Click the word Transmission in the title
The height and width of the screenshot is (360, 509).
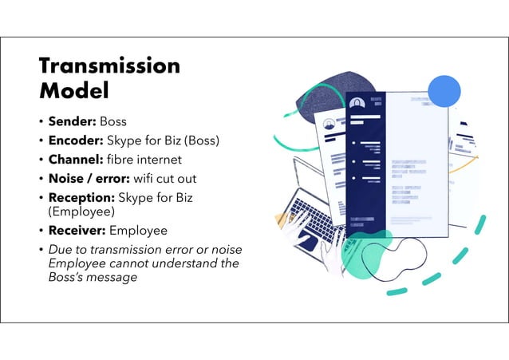(x=109, y=65)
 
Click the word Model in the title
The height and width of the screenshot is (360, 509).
(x=73, y=90)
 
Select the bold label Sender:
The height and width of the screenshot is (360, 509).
(x=73, y=122)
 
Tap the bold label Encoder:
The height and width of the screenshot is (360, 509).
(x=77, y=140)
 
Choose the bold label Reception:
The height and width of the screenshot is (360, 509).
(x=81, y=196)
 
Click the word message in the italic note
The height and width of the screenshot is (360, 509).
(x=111, y=277)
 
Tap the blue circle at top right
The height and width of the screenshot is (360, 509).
(x=444, y=92)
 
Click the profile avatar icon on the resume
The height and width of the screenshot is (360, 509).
(x=356, y=103)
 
